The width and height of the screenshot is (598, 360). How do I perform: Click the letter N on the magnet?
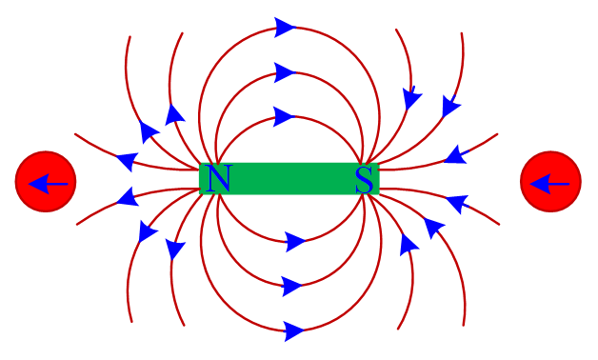click(219, 178)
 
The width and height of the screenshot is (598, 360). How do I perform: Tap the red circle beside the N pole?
click(46, 182)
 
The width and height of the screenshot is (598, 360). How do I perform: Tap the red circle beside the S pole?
click(550, 182)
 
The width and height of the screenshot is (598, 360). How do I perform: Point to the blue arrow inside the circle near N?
click(48, 184)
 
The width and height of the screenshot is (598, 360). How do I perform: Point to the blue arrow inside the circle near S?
click(549, 184)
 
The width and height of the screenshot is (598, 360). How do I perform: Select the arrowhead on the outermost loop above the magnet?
click(286, 28)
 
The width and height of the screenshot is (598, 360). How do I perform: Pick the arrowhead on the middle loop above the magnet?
click(285, 72)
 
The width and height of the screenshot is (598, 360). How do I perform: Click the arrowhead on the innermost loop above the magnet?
click(285, 116)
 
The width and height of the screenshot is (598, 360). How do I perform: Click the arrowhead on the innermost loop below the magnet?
click(295, 242)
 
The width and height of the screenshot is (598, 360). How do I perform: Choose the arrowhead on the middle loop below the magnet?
click(292, 286)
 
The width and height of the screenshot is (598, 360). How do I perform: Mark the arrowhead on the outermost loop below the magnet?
click(294, 331)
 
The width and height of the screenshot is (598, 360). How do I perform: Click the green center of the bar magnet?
click(289, 178)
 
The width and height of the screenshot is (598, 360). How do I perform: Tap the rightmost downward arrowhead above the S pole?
click(451, 106)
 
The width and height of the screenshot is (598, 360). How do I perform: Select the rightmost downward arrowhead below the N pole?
click(175, 249)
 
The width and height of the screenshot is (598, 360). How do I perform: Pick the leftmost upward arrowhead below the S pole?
click(409, 245)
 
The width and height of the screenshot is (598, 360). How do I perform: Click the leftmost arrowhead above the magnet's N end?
click(127, 160)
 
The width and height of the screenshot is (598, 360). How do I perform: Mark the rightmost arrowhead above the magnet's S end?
click(456, 154)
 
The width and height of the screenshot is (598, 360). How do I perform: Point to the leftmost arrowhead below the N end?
click(128, 197)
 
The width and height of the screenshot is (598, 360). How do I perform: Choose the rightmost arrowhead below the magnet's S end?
click(457, 204)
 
